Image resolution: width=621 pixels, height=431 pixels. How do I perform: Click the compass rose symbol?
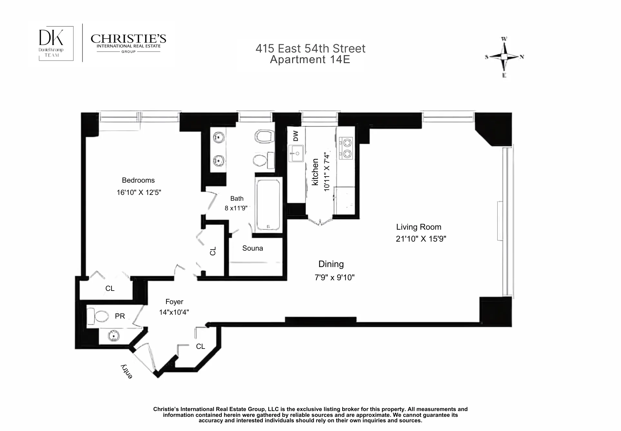504,57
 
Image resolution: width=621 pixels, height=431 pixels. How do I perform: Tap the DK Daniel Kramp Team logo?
52,43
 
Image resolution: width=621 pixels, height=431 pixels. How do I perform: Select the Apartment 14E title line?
310,60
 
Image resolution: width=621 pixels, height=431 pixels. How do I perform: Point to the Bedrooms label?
138,180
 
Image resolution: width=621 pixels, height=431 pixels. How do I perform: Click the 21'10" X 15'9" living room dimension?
421,239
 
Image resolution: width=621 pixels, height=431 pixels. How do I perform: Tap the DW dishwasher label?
296,136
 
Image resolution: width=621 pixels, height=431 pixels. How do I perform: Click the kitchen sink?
296,153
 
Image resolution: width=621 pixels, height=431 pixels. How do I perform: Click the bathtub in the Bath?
268,205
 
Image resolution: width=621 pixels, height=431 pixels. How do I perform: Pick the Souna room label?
252,248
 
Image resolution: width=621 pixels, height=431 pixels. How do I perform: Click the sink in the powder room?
113,336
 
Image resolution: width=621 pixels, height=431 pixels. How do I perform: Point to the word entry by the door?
127,372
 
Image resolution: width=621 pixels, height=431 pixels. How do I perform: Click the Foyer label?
174,302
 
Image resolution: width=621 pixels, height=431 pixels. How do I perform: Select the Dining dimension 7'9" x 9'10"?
334,278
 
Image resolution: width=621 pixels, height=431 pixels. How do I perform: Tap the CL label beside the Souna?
213,251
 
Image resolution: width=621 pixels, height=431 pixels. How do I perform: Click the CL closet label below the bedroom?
110,289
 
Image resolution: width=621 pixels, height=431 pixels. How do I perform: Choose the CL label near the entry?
200,346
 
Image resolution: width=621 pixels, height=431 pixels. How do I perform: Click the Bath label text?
237,199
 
